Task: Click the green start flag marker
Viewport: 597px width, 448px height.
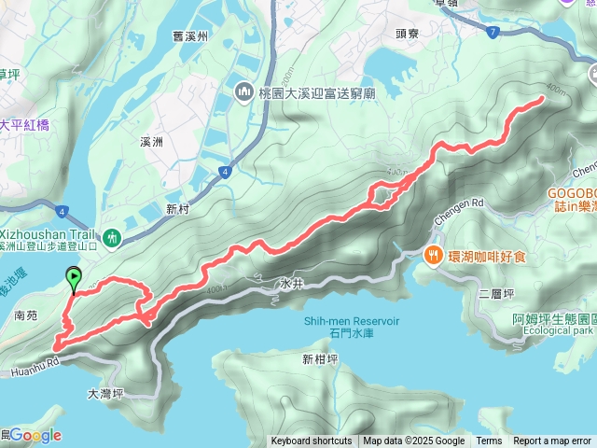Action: [x=74, y=277]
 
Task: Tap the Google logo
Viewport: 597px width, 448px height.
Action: [x=35, y=435]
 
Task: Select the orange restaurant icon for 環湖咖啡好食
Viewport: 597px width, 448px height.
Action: [x=433, y=255]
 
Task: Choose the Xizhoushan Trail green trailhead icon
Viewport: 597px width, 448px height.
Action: [x=112, y=239]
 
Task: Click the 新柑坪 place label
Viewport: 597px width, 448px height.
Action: [x=319, y=359]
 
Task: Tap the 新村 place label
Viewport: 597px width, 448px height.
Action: [x=178, y=209]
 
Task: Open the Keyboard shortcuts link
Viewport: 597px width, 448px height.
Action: [x=312, y=441]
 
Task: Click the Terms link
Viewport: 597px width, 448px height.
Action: [x=489, y=441]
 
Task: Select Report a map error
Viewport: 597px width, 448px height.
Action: [x=552, y=441]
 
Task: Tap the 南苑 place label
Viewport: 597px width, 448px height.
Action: [x=26, y=316]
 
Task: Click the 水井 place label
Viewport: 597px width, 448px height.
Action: [x=292, y=282]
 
